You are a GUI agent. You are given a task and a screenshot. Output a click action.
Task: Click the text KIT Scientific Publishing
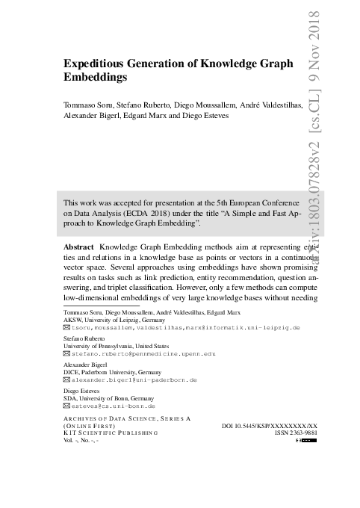(x=112, y=433)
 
